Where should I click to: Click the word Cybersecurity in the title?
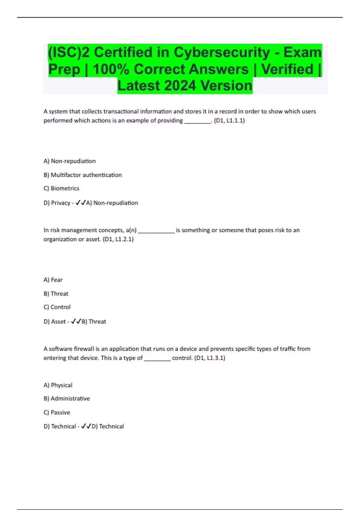pyautogui.click(x=222, y=52)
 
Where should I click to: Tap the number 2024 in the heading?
pyautogui.click(x=180, y=86)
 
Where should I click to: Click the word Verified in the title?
pyautogui.click(x=287, y=69)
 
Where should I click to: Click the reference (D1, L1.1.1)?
pyautogui.click(x=229, y=121)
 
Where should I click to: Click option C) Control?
pyautogui.click(x=57, y=307)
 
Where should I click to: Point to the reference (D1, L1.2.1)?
pyautogui.click(x=118, y=239)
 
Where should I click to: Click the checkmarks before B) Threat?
pyautogui.click(x=76, y=322)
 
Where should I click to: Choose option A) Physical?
pyautogui.click(x=58, y=385)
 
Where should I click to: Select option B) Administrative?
pyautogui.click(x=67, y=399)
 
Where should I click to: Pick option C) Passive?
pyautogui.click(x=57, y=412)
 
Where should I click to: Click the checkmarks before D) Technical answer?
pyautogui.click(x=86, y=426)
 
